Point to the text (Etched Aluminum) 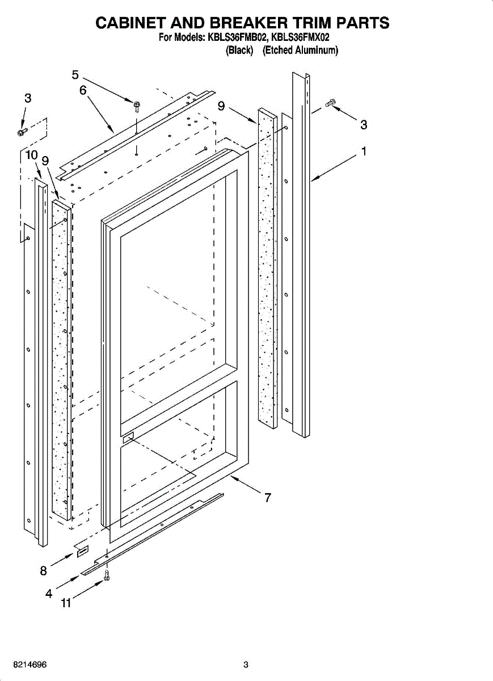tap(300, 51)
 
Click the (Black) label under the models tap(239, 51)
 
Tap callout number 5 tap(75, 74)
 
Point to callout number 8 tap(43, 571)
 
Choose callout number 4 tap(49, 594)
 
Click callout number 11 tap(66, 604)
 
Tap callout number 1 tap(364, 152)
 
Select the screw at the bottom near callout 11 tap(106, 577)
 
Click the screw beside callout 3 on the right tap(331, 103)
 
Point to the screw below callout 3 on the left tap(22, 132)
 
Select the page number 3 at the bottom tap(246, 665)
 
